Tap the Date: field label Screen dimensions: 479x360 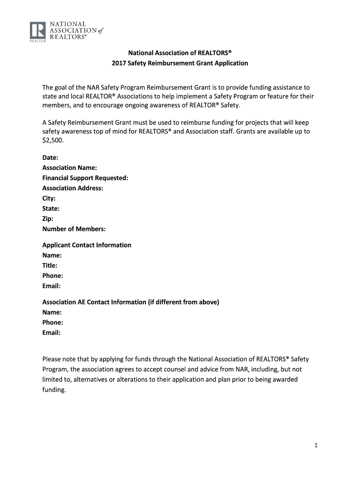click(50, 158)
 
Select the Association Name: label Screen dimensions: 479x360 click(70, 168)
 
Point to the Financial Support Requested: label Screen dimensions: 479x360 click(85, 178)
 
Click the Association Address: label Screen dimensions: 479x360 click(72, 189)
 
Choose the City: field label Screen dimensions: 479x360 click(49, 199)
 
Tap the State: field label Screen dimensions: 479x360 click(51, 209)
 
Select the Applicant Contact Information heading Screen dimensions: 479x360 click(86, 245)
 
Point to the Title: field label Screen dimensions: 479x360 click(50, 266)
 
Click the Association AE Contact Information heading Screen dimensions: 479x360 click(130, 302)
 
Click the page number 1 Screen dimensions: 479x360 click(316, 446)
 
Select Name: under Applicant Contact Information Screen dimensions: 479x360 click(52, 255)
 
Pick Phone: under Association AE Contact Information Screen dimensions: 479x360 click(53, 323)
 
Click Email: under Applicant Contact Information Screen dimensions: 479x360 click(51, 286)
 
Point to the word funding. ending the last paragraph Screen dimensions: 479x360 click(54, 390)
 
